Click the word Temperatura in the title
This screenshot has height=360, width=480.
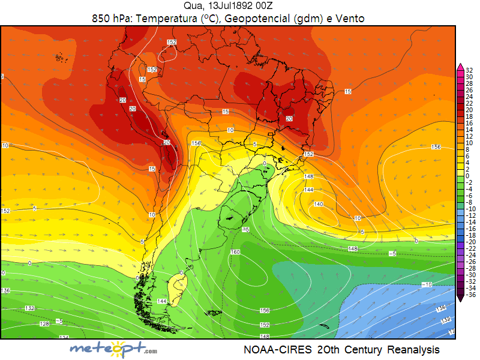[x=163, y=19]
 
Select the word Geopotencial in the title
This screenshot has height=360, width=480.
[x=247, y=19]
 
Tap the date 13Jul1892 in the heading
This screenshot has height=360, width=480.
[x=229, y=7]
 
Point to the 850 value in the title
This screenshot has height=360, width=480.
[x=102, y=19]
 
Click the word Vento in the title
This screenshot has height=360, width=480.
[x=350, y=19]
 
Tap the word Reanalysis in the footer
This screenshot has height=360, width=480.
[x=413, y=349]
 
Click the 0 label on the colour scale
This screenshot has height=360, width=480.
[x=467, y=176]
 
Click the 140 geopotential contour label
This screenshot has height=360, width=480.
[x=318, y=204]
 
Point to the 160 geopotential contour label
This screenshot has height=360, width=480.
[x=235, y=252]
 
